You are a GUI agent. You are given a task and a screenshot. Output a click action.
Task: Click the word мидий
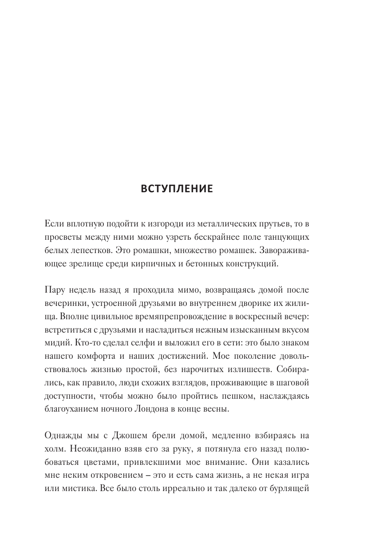pyautogui.click(x=55, y=343)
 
